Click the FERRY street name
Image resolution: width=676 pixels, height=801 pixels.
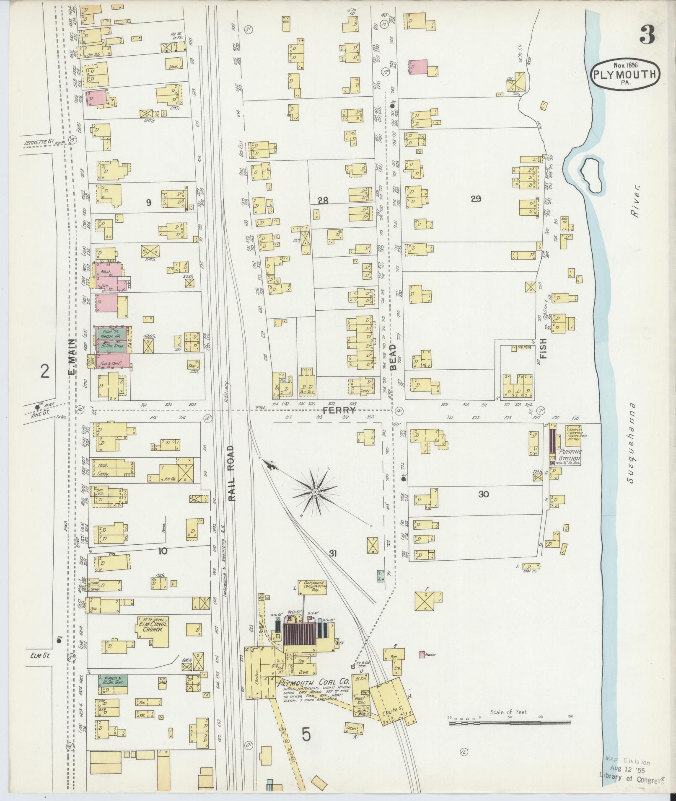coord(339,411)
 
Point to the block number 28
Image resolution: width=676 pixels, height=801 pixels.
coord(323,201)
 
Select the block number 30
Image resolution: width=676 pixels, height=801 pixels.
coord(484,494)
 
